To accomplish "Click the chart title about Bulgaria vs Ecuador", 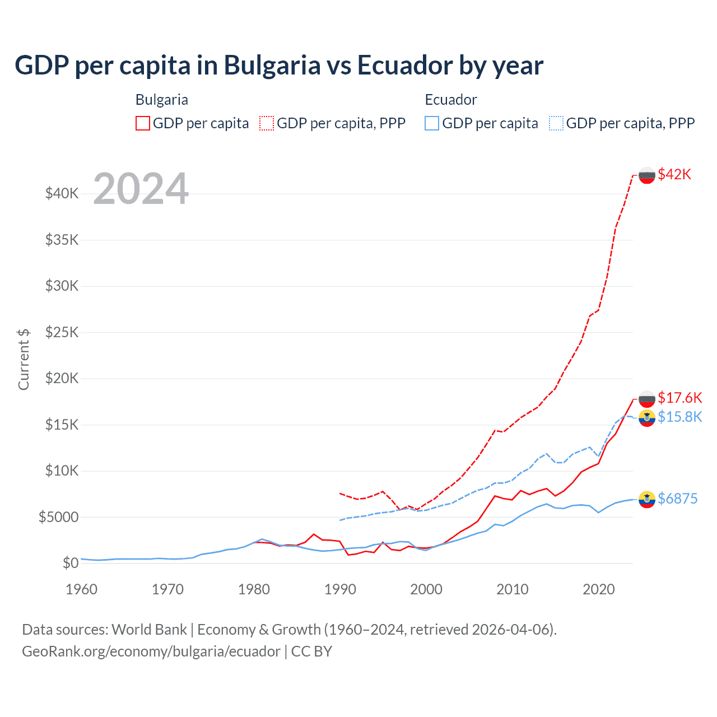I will [x=278, y=66].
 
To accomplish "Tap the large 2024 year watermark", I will [x=141, y=189].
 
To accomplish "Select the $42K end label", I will [x=674, y=174].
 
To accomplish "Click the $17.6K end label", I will [x=679, y=398].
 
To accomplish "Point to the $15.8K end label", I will [x=679, y=417].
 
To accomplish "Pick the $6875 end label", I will [x=677, y=499].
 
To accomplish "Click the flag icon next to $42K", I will [x=647, y=175].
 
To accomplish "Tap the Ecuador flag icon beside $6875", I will [x=647, y=499].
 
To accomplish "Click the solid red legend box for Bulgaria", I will [x=143, y=123].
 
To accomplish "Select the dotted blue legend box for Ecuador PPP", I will [x=556, y=123].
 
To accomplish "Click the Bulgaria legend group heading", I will [x=161, y=100].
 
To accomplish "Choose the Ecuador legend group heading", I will [x=450, y=100].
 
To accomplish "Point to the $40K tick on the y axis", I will [x=62, y=194].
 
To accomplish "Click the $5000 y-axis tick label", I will [x=58, y=517].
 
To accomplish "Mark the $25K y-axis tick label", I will [x=62, y=332].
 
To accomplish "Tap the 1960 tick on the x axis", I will [x=82, y=589].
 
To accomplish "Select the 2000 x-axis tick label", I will [x=426, y=589].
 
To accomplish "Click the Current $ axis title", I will [x=24, y=359].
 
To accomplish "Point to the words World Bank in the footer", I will [x=149, y=630].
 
